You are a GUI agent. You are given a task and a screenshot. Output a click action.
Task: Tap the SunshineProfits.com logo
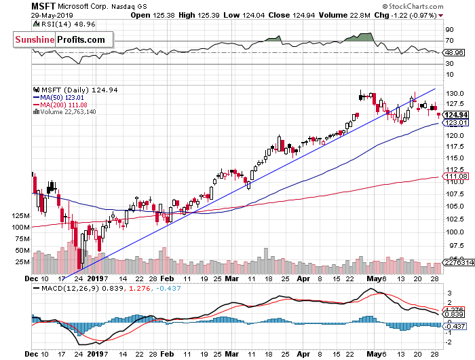click(60, 40)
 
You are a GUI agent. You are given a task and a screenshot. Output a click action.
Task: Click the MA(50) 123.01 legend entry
click(60, 97)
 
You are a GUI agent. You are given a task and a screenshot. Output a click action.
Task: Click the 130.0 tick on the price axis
click(453, 92)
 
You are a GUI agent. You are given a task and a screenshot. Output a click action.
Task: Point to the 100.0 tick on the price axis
click(453, 232)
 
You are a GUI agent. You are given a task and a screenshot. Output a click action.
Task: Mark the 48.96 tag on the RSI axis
click(454, 52)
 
